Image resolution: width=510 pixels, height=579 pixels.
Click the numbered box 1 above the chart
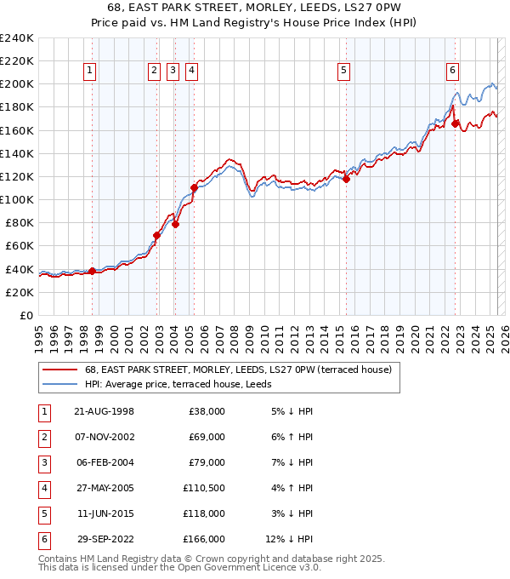(89, 71)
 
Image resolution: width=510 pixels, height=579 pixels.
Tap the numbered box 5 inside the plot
(344, 71)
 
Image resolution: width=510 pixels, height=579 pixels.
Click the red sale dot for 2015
(346, 179)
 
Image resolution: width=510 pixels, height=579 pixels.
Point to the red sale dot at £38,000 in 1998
(93, 272)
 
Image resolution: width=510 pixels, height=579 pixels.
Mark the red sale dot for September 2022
(456, 123)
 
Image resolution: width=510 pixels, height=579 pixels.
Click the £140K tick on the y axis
(17, 153)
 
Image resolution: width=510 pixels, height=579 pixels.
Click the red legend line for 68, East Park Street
(59, 370)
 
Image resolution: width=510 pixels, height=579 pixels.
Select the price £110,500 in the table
(204, 488)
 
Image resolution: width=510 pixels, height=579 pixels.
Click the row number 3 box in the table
(43, 462)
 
